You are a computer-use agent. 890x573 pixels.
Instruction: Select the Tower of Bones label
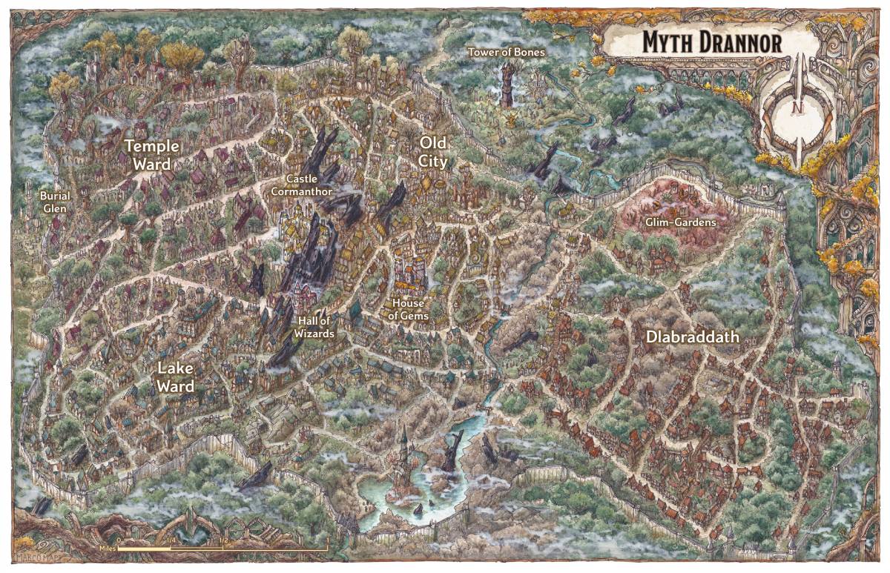point(507,53)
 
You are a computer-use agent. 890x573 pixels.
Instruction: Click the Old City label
point(433,150)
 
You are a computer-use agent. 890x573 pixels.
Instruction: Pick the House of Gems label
point(410,309)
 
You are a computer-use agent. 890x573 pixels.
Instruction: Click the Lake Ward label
point(175,377)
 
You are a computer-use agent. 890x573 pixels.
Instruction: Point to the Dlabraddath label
point(693,337)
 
